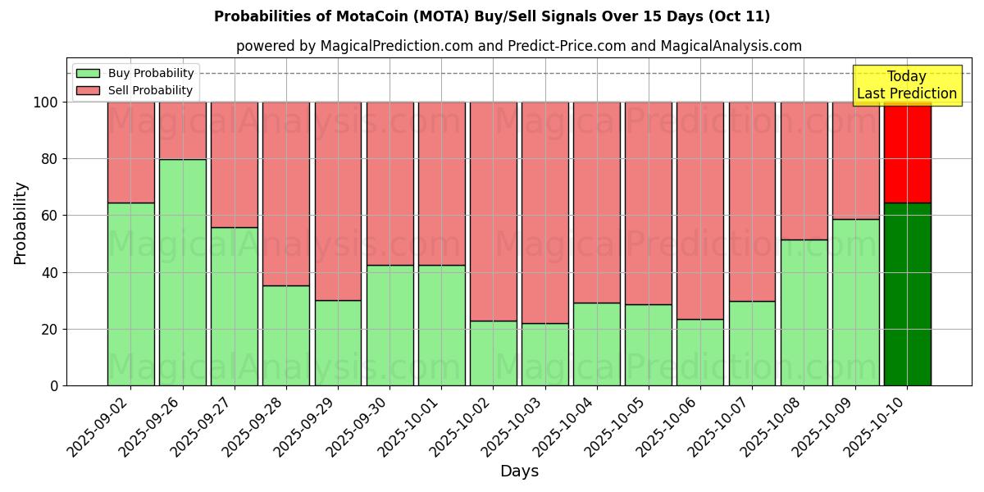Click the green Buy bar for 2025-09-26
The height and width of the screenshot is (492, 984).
pyautogui.click(x=182, y=272)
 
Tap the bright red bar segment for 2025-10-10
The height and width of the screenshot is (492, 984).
pyautogui.click(x=908, y=153)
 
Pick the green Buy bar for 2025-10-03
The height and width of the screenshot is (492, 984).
pyautogui.click(x=545, y=354)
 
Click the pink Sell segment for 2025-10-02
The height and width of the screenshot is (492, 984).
pyautogui.click(x=494, y=212)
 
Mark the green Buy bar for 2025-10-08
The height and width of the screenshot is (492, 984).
pyautogui.click(x=804, y=312)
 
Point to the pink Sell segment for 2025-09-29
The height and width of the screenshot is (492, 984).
pyautogui.click(x=338, y=201)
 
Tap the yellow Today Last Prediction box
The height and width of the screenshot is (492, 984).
pyautogui.click(x=906, y=85)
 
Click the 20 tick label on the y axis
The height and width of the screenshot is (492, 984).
pyautogui.click(x=50, y=330)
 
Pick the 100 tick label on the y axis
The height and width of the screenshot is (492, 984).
pyautogui.click(x=45, y=102)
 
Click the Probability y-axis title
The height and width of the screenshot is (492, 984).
pyautogui.click(x=21, y=222)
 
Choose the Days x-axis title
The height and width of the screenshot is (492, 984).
pyautogui.click(x=519, y=471)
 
